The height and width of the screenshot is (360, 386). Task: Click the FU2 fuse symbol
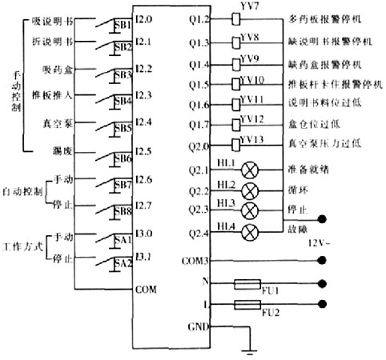coord(245,306)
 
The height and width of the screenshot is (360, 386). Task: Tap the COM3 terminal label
coord(195,261)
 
